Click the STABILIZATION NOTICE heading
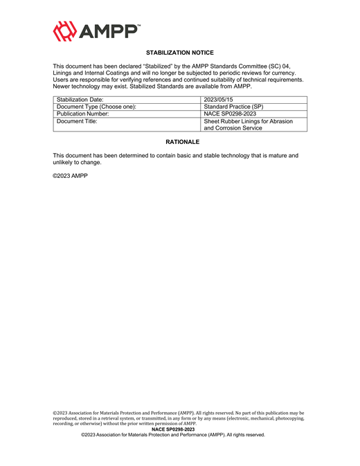[180, 53]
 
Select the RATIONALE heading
[180, 142]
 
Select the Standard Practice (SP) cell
[233, 107]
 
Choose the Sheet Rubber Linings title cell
[248, 124]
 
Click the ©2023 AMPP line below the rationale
[71, 176]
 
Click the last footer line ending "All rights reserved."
[173, 435]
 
